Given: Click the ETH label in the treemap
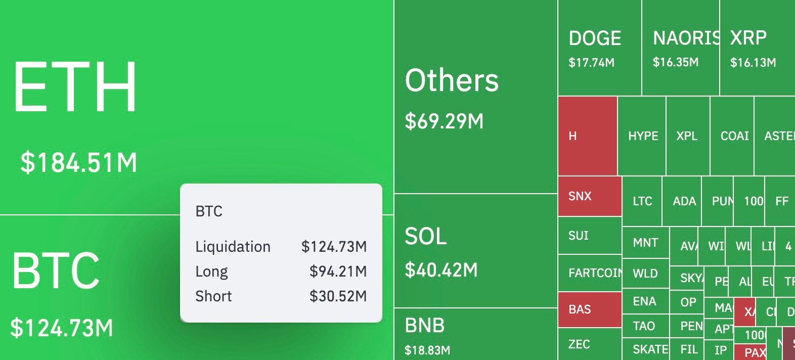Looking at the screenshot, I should coord(75,86).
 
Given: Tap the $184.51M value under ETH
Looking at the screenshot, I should coord(79,163).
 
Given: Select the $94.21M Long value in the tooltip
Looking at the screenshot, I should coord(338,272).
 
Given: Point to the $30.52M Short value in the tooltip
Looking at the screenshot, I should coord(338,296).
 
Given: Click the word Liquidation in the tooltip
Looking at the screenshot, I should coord(233,247).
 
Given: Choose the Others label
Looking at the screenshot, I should coord(452,81).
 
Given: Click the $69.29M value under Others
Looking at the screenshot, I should coord(444,121).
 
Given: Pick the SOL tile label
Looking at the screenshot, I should coord(426,237).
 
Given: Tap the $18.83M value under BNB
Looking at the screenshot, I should coord(427,350).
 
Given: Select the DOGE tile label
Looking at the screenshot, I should coord(595,38).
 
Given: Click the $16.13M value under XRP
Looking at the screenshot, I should coord(753,63).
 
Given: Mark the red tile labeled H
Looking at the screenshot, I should coord(587,136).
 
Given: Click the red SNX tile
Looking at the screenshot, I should coord(590,196).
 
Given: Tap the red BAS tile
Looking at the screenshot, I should coord(590,309).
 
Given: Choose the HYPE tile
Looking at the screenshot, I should coord(643,136).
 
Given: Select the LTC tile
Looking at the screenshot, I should coord(642,201).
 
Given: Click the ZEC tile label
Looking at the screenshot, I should coord(579,344).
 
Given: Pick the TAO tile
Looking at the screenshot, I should coord(644,326).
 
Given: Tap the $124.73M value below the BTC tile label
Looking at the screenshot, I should coord(62,328).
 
